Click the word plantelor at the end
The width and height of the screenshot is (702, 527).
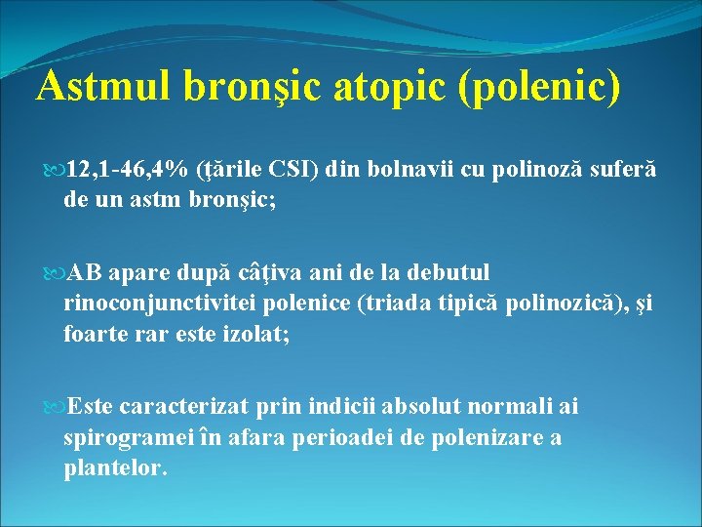tap(115, 466)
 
